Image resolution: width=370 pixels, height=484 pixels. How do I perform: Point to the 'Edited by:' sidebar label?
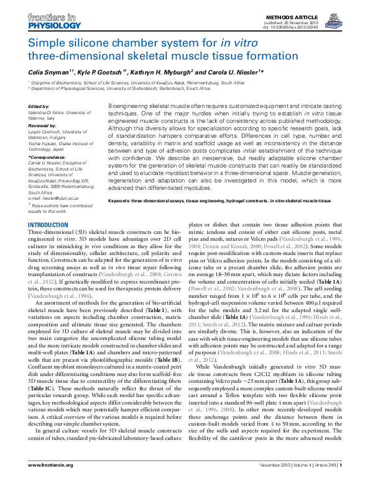40,106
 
